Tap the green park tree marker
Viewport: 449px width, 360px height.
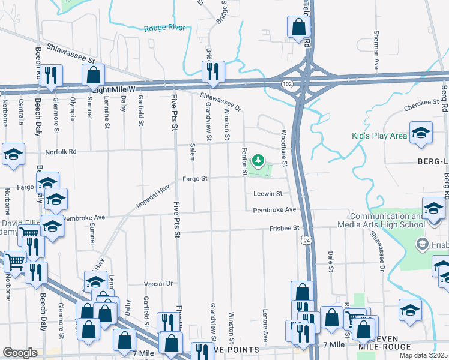tap(258, 161)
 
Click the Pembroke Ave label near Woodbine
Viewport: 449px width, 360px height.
tap(274, 209)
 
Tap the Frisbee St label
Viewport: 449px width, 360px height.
tap(284, 228)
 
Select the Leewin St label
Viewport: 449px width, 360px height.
tap(267, 193)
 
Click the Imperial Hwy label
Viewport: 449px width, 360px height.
tap(149, 199)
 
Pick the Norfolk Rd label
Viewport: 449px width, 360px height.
tap(64, 152)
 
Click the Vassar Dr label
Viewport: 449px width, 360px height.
tap(158, 283)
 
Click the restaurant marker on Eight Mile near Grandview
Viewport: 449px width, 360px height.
tap(213, 73)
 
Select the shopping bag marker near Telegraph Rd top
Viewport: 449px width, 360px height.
tap(298, 28)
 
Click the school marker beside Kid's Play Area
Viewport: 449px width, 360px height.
tap(421, 133)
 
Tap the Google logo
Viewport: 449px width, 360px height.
tap(20, 353)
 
